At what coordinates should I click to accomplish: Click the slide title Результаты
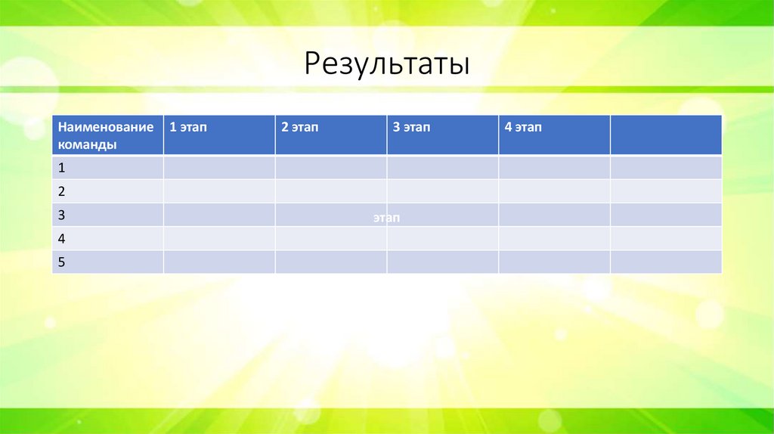(x=386, y=64)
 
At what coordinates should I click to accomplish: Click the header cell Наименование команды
(x=107, y=135)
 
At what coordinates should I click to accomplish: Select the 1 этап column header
(x=219, y=135)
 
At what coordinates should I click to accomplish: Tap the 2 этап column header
(x=331, y=135)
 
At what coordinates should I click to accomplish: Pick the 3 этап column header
(x=443, y=135)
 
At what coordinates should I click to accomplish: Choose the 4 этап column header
(x=554, y=135)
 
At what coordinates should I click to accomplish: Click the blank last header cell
(x=666, y=135)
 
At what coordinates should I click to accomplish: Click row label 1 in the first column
(x=107, y=168)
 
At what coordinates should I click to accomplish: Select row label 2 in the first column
(x=107, y=191)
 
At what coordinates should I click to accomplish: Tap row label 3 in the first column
(x=107, y=215)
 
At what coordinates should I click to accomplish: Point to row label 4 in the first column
(x=107, y=238)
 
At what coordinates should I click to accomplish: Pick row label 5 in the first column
(x=107, y=262)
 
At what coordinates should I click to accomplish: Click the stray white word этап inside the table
(x=385, y=218)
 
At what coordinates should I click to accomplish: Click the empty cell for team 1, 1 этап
(x=219, y=168)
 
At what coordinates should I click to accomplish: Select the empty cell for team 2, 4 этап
(x=554, y=191)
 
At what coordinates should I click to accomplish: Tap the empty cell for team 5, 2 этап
(x=331, y=262)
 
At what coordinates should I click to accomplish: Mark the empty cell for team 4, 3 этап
(x=443, y=238)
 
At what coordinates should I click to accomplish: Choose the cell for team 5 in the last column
(x=666, y=262)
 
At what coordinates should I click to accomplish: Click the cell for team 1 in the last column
(x=666, y=168)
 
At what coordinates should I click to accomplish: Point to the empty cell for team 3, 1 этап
(x=219, y=215)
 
